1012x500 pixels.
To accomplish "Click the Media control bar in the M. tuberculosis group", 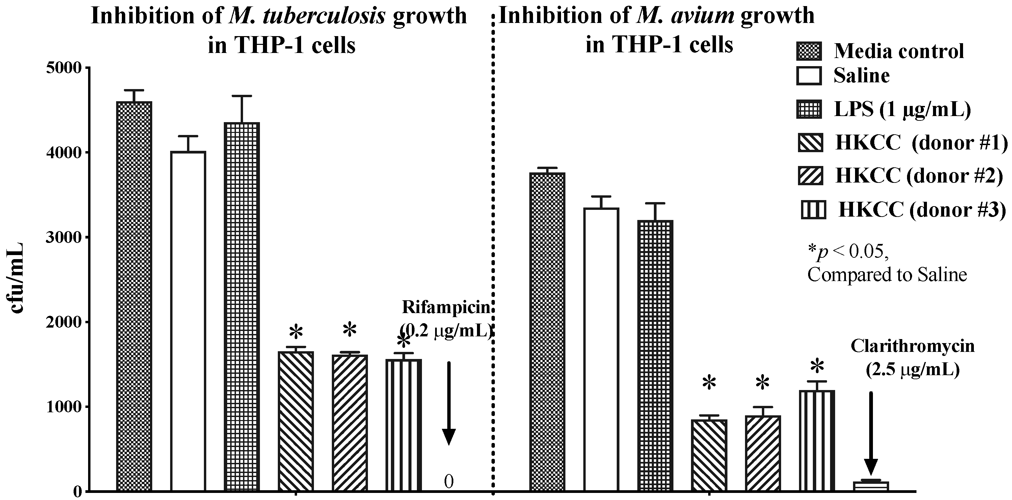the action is (x=134, y=296).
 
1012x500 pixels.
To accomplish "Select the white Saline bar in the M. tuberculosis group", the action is (x=188, y=321).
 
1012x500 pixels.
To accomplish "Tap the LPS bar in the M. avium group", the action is (x=655, y=356).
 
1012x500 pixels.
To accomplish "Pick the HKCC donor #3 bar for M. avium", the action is (x=817, y=441).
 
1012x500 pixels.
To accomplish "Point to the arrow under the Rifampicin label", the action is (x=449, y=404).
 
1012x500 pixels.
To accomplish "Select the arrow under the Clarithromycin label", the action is (x=871, y=434).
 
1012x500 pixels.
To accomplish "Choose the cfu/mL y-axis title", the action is (x=17, y=278).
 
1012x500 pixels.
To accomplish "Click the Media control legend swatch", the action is (x=809, y=52).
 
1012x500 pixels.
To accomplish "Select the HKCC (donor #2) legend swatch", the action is (x=810, y=175).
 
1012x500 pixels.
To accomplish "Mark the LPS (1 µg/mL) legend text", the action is (x=902, y=110).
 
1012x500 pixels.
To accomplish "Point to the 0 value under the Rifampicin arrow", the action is (x=449, y=481).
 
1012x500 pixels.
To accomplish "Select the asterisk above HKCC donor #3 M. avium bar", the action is (x=817, y=366).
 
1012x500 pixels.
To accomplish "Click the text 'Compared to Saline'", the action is (x=887, y=274).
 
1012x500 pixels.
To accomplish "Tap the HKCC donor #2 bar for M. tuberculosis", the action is (x=350, y=423).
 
